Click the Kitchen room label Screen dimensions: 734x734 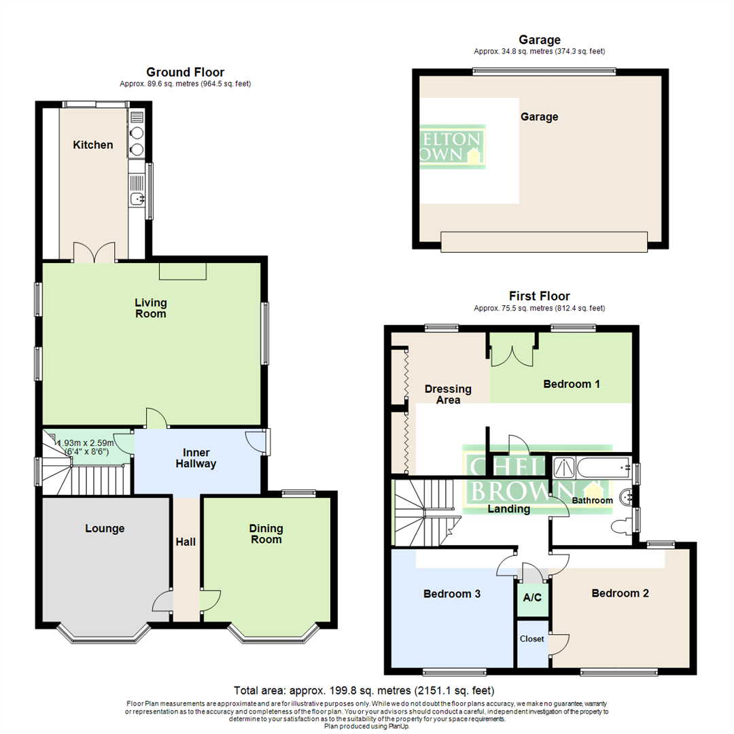pos(93,145)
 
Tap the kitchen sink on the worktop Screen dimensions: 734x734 pos(137,198)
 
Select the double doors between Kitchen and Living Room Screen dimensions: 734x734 pos(94,253)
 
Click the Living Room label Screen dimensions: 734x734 pos(150,308)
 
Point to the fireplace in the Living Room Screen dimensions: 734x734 pos(182,271)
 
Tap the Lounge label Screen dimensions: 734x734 pos(105,528)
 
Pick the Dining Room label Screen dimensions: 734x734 pos(266,534)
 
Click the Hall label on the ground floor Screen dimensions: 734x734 pos(186,542)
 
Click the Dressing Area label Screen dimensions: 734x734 pos(448,394)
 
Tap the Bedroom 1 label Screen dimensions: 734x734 pos(572,384)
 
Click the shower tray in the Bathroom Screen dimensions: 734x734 pos(564,466)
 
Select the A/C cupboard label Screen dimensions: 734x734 pos(533,598)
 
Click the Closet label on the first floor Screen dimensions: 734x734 pos(532,639)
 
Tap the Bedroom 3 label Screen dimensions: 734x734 pos(452,593)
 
